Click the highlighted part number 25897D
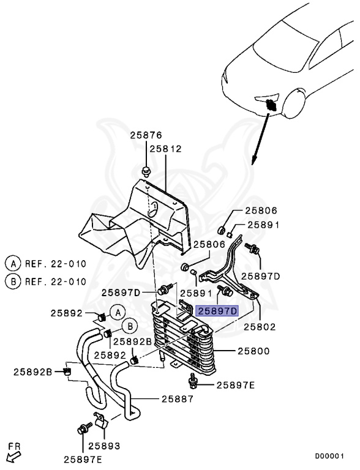click(217, 311)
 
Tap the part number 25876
click(146, 135)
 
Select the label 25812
click(166, 149)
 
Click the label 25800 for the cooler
click(254, 351)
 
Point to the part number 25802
click(260, 326)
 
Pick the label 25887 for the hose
click(178, 398)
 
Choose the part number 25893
click(104, 446)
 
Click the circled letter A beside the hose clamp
click(118, 313)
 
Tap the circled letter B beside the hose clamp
click(130, 326)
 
